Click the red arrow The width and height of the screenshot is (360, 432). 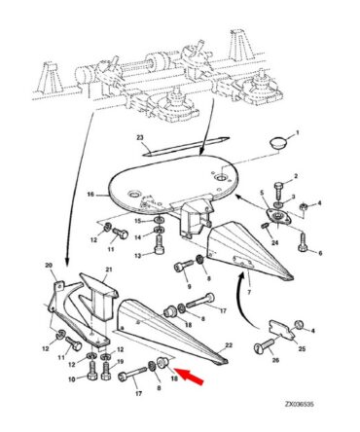point(190,377)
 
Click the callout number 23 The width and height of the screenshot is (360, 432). point(139,138)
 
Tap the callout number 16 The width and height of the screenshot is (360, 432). point(90,195)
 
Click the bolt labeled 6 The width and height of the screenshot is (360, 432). point(303,243)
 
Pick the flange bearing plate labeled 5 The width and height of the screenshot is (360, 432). point(278,216)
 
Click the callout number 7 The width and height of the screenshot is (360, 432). point(249,293)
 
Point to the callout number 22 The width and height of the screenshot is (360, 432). point(229,345)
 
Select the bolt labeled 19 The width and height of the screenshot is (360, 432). point(106,371)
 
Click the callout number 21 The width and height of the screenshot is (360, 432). point(108,270)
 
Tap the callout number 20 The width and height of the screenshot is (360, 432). point(49,266)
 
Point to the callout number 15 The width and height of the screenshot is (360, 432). point(138,221)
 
